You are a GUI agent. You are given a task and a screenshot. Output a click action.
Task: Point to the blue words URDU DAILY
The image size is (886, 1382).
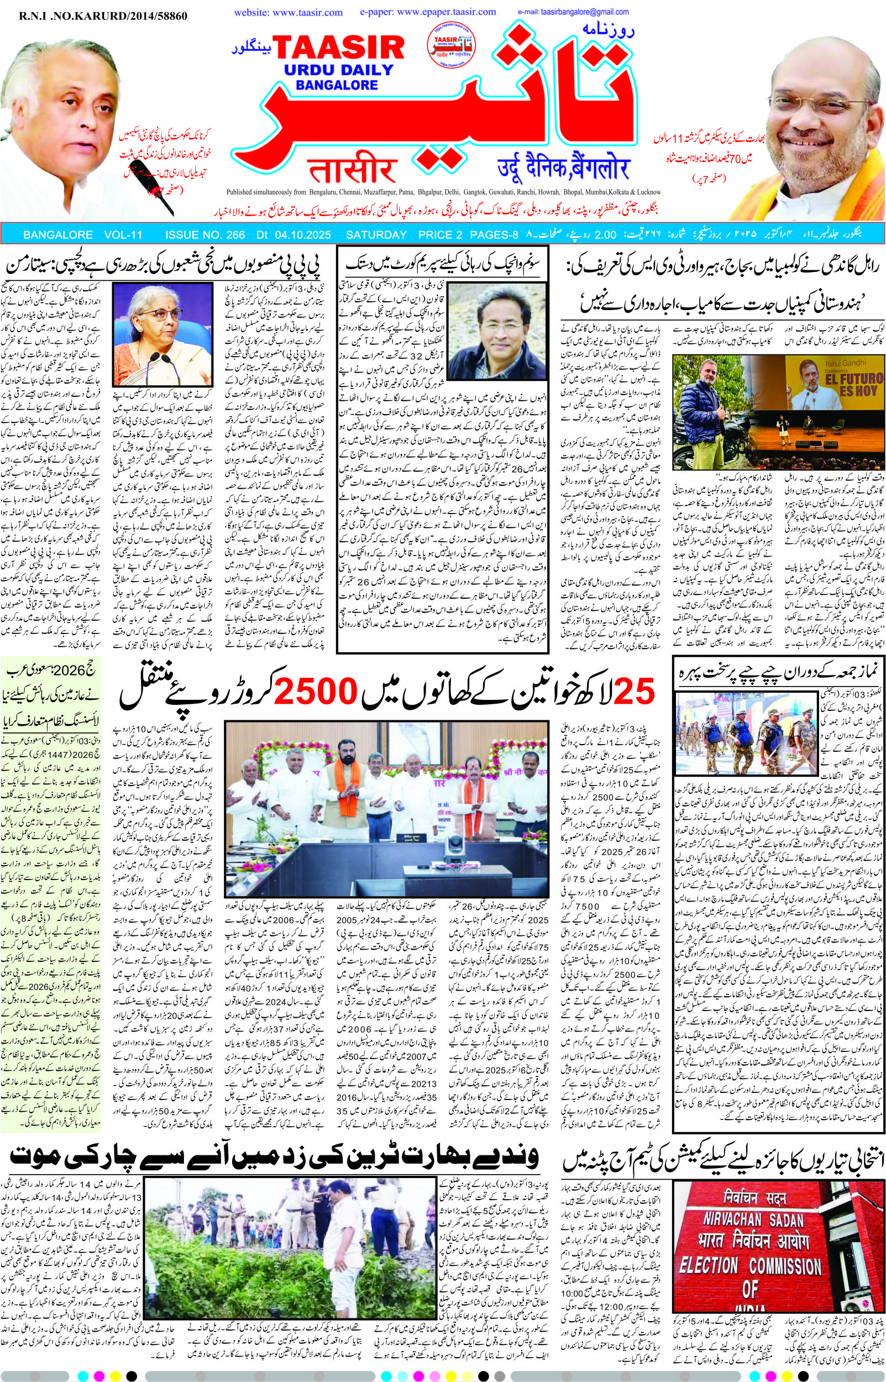(339, 71)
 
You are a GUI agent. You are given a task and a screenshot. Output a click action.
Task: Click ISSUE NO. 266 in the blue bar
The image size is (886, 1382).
(205, 235)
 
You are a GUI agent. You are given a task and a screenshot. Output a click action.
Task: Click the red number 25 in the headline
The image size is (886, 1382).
(634, 692)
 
